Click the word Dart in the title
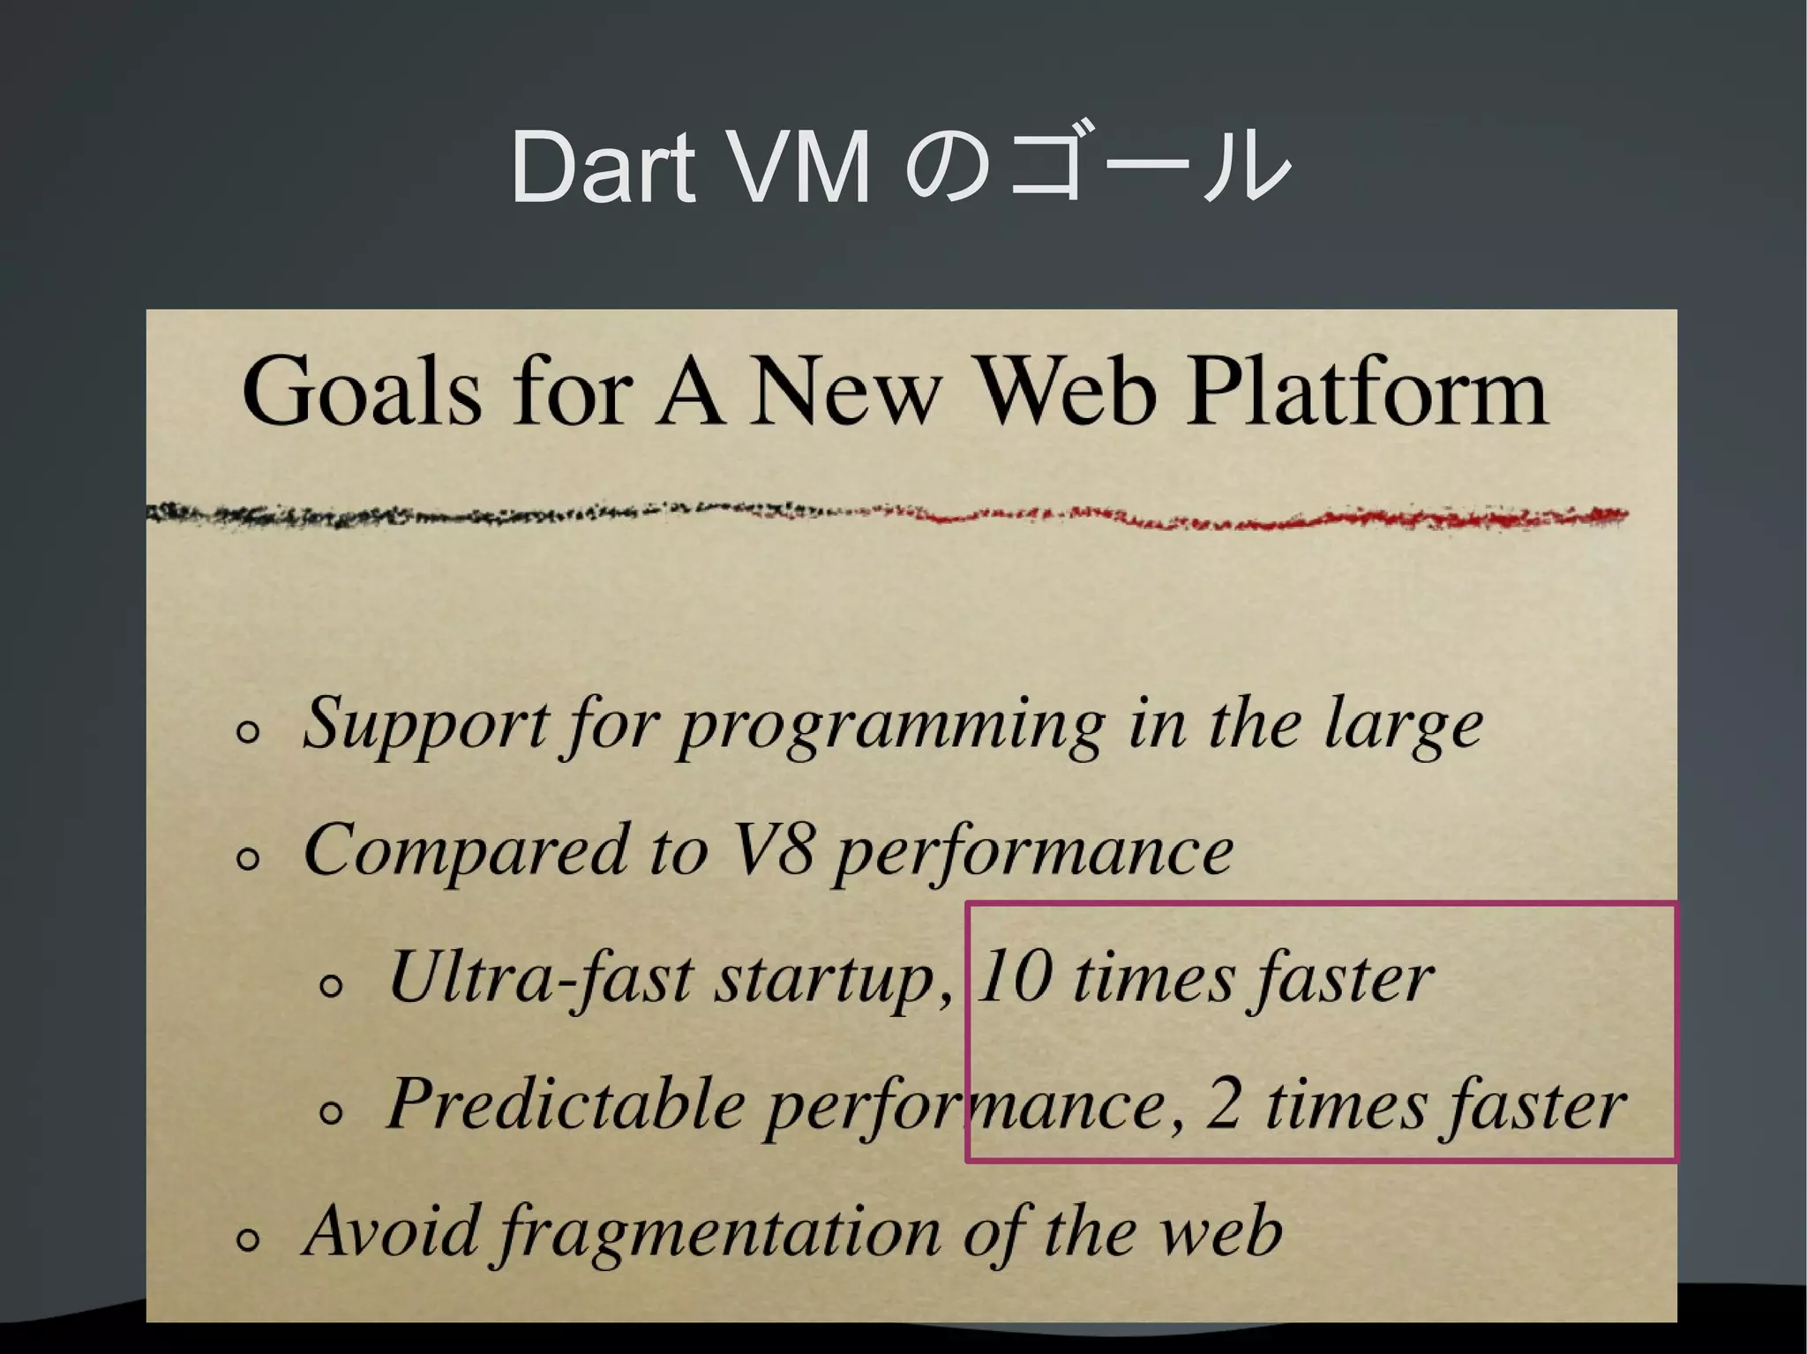coord(602,168)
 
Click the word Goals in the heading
coord(361,393)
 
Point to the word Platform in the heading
coord(1367,393)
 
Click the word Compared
coord(464,850)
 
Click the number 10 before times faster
coord(1014,977)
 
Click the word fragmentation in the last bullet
coord(719,1232)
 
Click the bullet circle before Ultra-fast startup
coord(331,987)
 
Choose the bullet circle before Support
coord(249,733)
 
